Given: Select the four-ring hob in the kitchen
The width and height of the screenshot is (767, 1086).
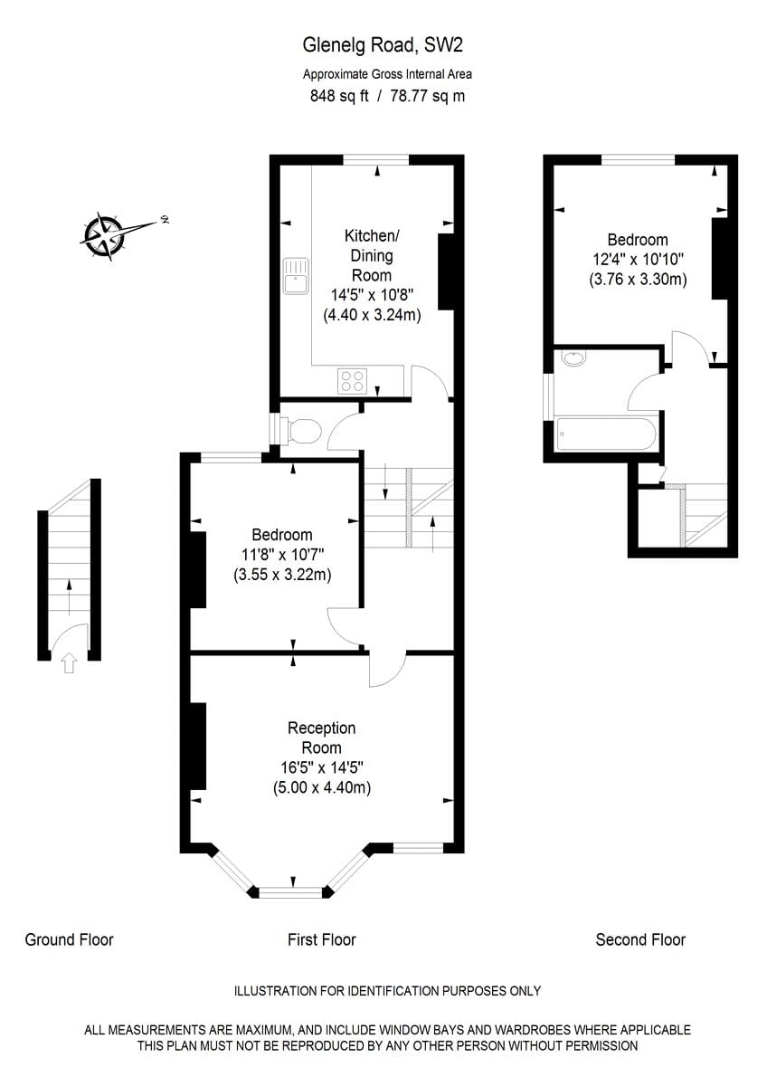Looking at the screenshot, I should coord(351,381).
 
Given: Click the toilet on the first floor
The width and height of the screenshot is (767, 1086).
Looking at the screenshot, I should coord(301,431).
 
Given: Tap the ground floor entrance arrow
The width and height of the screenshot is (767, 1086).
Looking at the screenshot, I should coord(69,665).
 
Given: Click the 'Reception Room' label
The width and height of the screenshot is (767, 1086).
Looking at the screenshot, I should coord(321,738).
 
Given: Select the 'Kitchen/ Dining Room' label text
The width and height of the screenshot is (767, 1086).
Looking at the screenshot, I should coord(371,255).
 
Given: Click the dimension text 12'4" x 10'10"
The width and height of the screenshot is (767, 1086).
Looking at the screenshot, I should coord(638,260).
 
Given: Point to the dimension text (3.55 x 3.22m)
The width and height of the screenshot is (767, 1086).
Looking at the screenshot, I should coord(281,574).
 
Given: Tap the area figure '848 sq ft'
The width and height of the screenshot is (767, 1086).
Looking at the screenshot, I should coord(339,96).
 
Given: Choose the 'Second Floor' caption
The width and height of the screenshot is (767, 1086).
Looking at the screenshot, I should coord(640,939).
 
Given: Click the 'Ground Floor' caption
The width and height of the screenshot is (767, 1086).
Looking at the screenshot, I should coord(69,939).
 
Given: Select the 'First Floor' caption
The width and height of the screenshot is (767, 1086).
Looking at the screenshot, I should coord(321,939).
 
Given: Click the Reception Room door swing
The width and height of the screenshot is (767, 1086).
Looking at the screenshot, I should coord(386,669).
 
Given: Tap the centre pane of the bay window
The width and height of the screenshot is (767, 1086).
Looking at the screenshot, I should coord(291,893).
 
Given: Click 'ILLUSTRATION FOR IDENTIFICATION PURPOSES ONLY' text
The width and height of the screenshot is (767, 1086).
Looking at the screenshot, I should coord(387,991).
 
